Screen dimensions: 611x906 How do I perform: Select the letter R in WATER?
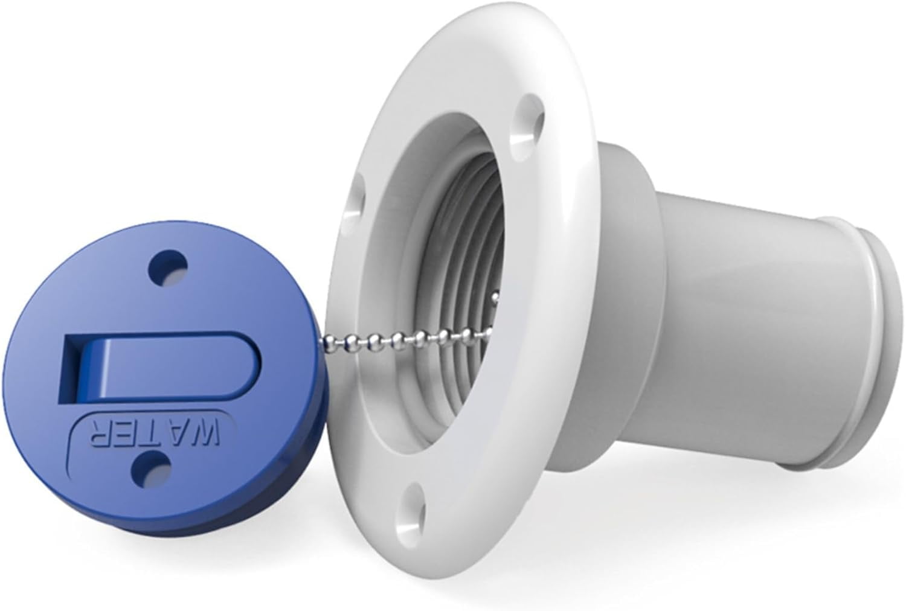101,430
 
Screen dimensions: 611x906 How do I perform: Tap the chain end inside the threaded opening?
495,296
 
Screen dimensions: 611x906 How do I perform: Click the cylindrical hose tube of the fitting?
743,326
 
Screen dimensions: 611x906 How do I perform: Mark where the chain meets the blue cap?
326,339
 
